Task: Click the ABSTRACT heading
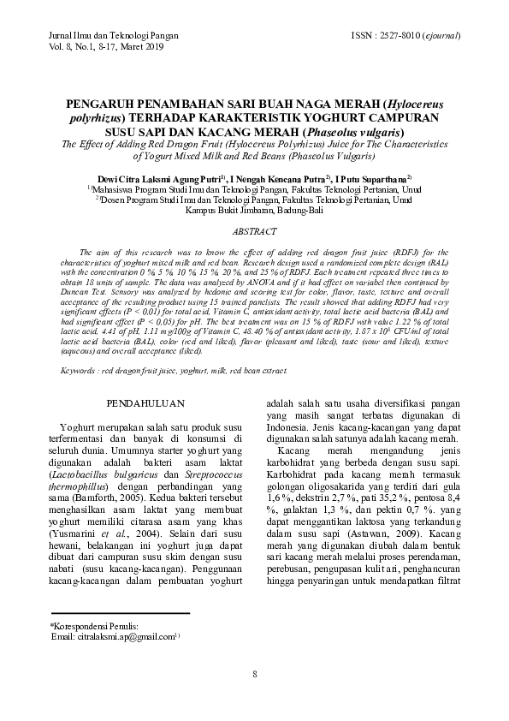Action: (x=254, y=231)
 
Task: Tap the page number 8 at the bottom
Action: (x=254, y=673)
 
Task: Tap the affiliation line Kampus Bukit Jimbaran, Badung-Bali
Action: (x=254, y=210)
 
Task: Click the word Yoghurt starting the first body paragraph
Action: (x=76, y=426)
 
